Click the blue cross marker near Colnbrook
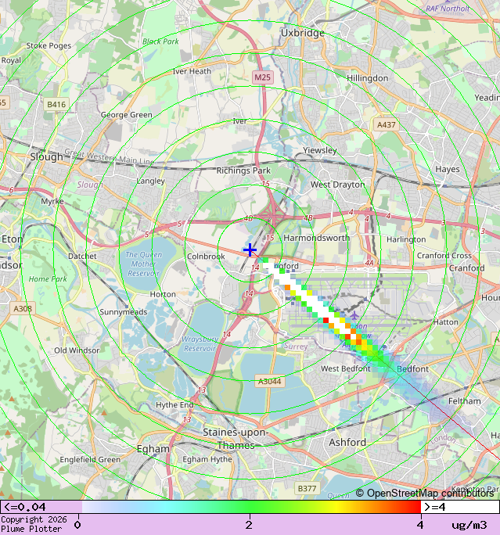tap(250, 250)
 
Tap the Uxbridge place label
tap(302, 33)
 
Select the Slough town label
tap(46, 156)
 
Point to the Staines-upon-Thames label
tap(235, 438)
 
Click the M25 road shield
tap(262, 77)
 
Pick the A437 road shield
tap(386, 124)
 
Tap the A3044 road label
tap(269, 382)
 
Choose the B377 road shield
tap(307, 488)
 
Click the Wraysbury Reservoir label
tap(199, 344)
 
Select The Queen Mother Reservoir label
tap(143, 264)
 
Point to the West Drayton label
tap(337, 185)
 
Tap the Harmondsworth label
tap(316, 237)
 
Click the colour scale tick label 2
tap(249, 524)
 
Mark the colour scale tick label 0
tap(77, 524)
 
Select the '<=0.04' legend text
tap(25, 507)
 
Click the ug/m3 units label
tap(469, 524)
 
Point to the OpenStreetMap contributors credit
tap(425, 493)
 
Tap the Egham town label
tap(153, 449)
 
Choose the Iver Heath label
tap(192, 71)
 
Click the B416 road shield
tap(56, 103)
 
